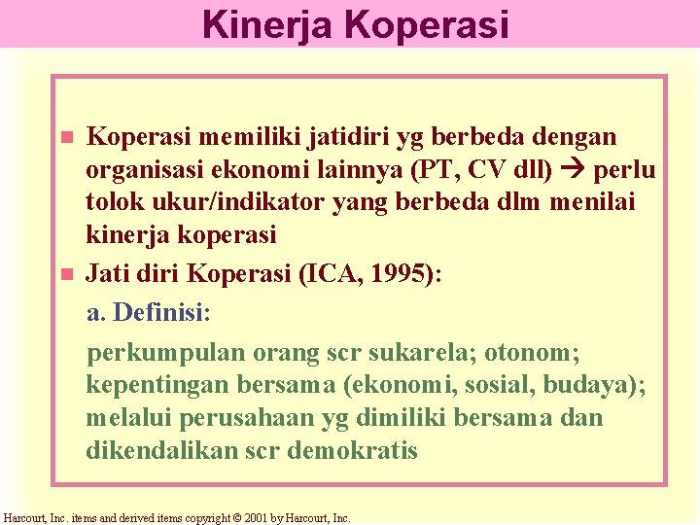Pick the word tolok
click(115, 203)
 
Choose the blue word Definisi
click(158, 313)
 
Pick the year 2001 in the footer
click(255, 518)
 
